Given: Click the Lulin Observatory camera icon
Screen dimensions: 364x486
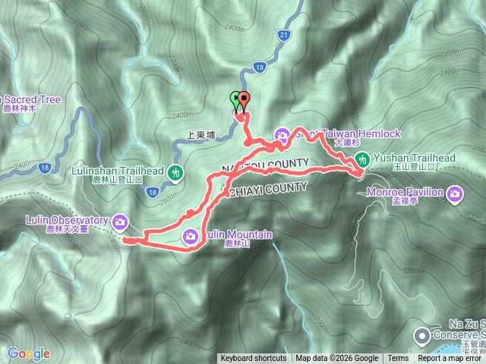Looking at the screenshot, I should click(x=120, y=221).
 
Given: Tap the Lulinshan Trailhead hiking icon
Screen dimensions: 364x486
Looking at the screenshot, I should click(x=176, y=173).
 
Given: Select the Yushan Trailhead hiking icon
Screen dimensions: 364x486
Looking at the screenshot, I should click(x=362, y=159).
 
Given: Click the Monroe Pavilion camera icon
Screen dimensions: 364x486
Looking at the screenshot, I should click(x=455, y=194).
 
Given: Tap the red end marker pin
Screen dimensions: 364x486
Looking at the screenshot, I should click(x=243, y=101).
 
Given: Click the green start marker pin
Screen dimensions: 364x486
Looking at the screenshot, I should click(x=235, y=101).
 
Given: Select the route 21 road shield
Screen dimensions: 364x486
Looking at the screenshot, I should click(x=283, y=35).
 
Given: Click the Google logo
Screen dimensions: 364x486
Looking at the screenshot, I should click(x=29, y=353).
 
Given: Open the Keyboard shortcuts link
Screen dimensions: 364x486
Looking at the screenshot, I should click(x=254, y=359).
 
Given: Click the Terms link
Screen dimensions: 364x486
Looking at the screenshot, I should click(x=398, y=359).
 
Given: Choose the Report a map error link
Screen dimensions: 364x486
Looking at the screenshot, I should click(x=450, y=359).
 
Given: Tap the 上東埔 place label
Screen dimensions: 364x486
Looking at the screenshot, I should click(x=201, y=136).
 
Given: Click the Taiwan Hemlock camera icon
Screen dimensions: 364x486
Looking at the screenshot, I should click(x=282, y=136).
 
